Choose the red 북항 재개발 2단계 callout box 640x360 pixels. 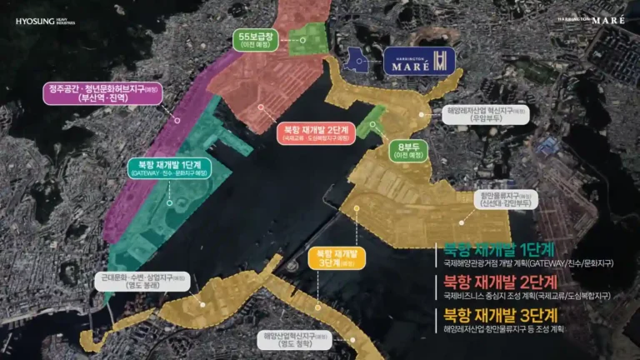point(315,132)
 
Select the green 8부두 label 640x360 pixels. point(408,150)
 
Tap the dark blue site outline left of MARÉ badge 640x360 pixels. point(360,60)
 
